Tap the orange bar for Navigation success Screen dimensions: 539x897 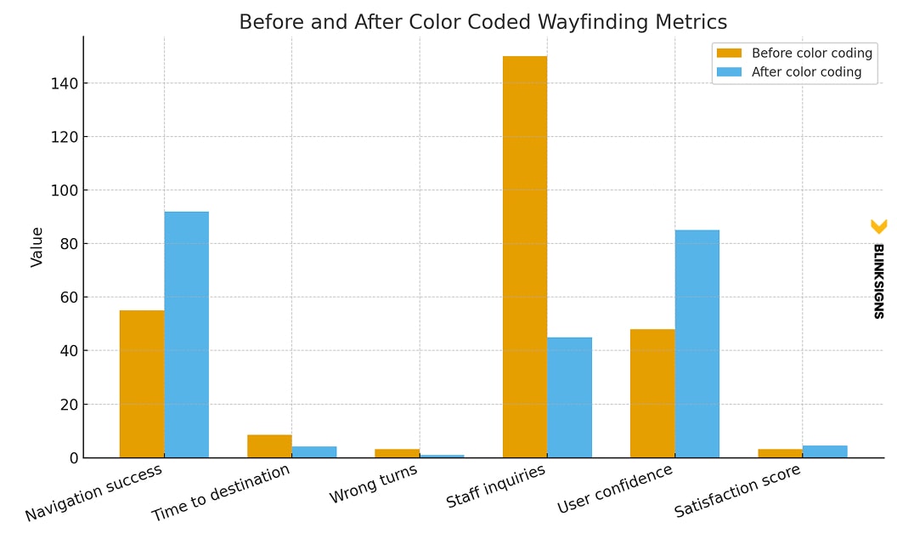coord(141,383)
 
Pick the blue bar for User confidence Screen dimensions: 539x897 coord(697,343)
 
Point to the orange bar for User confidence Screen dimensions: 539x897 coord(652,393)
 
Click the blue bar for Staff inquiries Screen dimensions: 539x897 coord(569,397)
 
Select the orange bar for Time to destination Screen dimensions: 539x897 coord(269,446)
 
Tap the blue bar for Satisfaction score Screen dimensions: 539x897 coord(824,451)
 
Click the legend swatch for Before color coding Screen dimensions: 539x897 coord(729,54)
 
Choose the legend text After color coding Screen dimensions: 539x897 coord(806,72)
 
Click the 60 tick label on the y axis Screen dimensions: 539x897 coord(69,298)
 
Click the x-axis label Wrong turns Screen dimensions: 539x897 coord(374,484)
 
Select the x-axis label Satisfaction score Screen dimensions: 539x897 coord(737,491)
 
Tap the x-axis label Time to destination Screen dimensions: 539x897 coord(221,492)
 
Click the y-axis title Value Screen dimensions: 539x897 coord(37,247)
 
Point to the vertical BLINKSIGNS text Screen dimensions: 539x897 coord(878,281)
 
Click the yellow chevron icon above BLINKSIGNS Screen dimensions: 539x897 coord(878,226)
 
